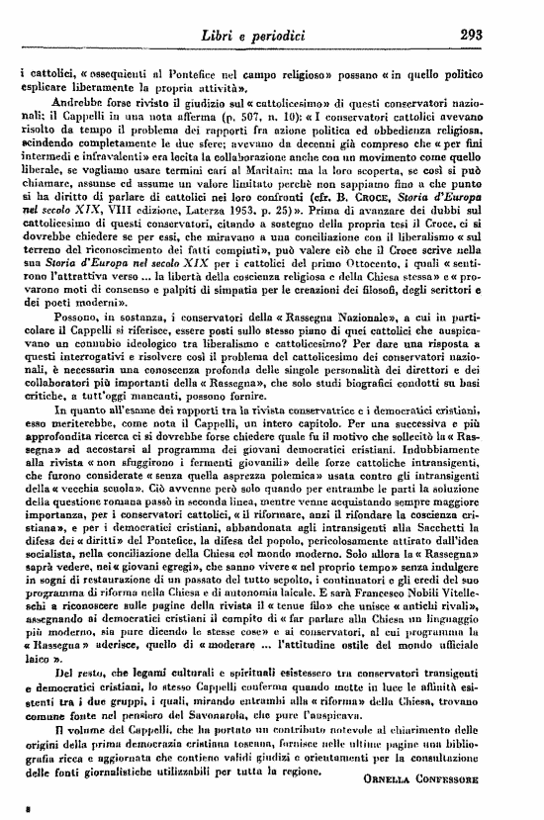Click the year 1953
tap(278, 241)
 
